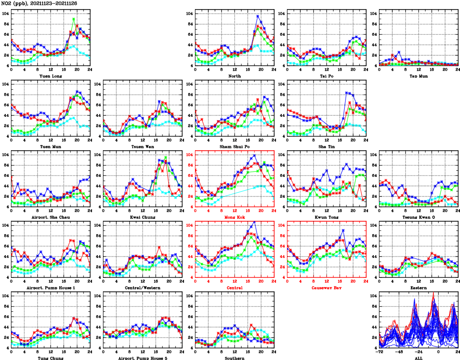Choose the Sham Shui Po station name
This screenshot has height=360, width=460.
pyautogui.click(x=235, y=146)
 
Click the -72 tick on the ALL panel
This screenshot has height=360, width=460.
pyautogui.click(x=379, y=353)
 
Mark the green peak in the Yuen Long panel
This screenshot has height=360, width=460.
pyautogui.click(x=73, y=20)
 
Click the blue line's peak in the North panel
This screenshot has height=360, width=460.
pyautogui.click(x=258, y=16)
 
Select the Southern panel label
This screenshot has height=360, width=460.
pyautogui.click(x=235, y=358)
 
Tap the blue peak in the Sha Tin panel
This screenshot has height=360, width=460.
pyautogui.click(x=347, y=93)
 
